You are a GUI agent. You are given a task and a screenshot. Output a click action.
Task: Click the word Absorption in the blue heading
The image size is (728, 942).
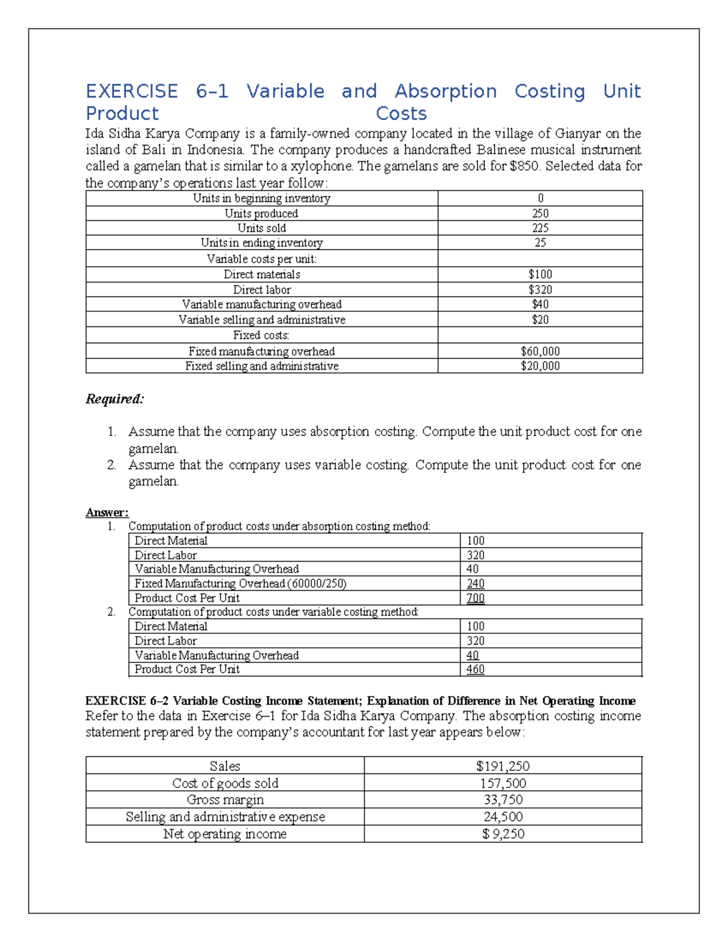pyautogui.click(x=445, y=92)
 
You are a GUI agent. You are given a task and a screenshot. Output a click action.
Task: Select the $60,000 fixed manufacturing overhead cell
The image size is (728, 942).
pyautogui.click(x=540, y=351)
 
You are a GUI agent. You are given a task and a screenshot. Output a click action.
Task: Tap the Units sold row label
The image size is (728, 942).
pyautogui.click(x=261, y=228)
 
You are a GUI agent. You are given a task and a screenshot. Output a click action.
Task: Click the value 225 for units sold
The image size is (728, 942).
pyautogui.click(x=540, y=228)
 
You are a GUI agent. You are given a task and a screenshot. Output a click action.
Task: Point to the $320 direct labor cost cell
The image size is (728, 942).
pyautogui.click(x=540, y=290)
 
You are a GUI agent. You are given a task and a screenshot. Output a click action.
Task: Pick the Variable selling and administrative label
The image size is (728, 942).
pyautogui.click(x=261, y=320)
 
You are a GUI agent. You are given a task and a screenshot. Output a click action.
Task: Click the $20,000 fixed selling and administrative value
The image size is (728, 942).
pyautogui.click(x=540, y=366)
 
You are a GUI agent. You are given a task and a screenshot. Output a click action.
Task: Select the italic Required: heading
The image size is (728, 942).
pyautogui.click(x=115, y=399)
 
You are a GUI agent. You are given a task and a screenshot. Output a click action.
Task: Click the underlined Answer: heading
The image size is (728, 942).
pyautogui.click(x=107, y=513)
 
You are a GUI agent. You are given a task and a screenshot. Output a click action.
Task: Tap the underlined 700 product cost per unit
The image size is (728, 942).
pyautogui.click(x=475, y=598)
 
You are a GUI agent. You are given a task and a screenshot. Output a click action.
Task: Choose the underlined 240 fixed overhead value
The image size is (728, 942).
pyautogui.click(x=475, y=584)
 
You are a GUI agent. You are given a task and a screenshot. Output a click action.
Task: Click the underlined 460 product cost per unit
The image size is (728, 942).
pyautogui.click(x=475, y=669)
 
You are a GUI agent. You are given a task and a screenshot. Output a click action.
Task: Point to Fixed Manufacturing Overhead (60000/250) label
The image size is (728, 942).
pyautogui.click(x=240, y=584)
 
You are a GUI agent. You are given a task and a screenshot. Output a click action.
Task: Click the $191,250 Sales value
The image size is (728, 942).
pyautogui.click(x=503, y=766)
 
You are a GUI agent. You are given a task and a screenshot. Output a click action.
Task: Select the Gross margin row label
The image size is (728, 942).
pyautogui.click(x=225, y=799)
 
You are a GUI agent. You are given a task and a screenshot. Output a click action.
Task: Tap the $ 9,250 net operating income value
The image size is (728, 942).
pyautogui.click(x=503, y=834)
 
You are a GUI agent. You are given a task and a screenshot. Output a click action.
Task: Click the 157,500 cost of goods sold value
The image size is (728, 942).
pyautogui.click(x=503, y=783)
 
